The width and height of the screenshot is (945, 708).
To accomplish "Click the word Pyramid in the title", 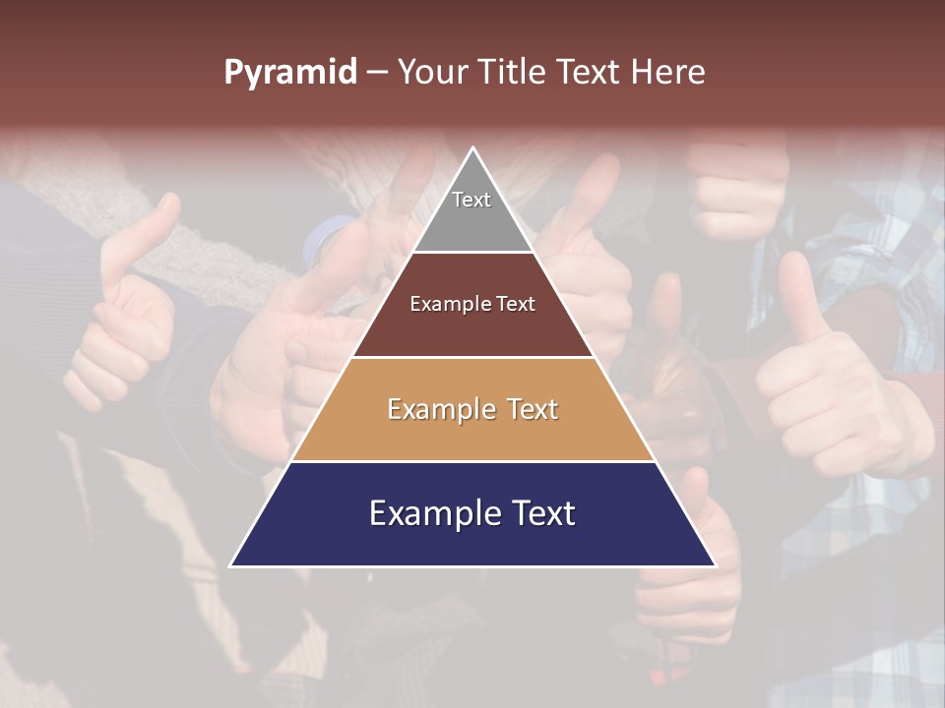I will [289, 73].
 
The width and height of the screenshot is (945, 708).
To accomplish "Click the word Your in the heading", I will [431, 73].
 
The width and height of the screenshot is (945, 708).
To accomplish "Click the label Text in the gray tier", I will [472, 200].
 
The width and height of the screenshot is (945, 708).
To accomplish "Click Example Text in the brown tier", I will [472, 304].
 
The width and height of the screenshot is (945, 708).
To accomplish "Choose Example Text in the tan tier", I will [472, 409].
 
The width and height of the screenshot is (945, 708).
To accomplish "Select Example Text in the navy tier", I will [472, 513].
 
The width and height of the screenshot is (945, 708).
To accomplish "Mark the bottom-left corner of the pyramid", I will [231, 565].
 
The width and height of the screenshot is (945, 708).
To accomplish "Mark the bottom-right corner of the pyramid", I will [715, 565].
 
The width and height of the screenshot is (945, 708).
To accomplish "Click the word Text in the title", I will [589, 73].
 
